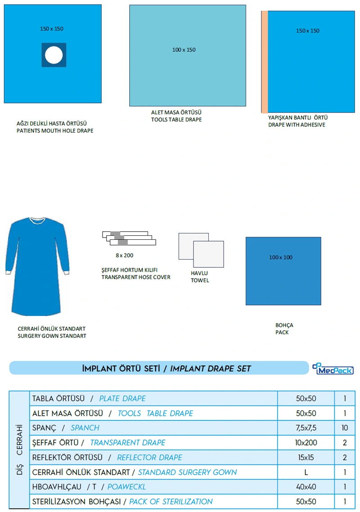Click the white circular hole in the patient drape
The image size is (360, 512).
[54, 55]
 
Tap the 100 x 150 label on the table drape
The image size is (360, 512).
[184, 50]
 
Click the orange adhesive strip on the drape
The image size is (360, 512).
[265, 62]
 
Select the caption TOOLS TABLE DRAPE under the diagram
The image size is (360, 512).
[176, 120]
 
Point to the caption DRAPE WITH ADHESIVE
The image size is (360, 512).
[297, 125]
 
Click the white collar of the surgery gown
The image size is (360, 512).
[37, 221]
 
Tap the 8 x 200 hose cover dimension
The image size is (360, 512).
[125, 255]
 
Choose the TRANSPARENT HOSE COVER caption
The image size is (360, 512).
[136, 277]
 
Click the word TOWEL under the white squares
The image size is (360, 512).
[200, 280]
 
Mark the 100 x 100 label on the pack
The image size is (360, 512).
[281, 257]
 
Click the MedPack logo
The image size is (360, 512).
[333, 368]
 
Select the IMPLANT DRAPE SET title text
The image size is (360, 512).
[210, 369]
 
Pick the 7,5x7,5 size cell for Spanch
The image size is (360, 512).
[306, 428]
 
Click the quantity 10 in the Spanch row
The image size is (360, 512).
[345, 428]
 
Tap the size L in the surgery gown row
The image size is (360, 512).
[306, 472]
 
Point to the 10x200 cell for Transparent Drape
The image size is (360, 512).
[306, 443]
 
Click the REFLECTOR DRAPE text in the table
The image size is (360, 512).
[149, 458]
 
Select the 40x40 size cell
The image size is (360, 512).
[306, 487]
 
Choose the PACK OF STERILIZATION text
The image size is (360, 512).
[171, 502]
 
